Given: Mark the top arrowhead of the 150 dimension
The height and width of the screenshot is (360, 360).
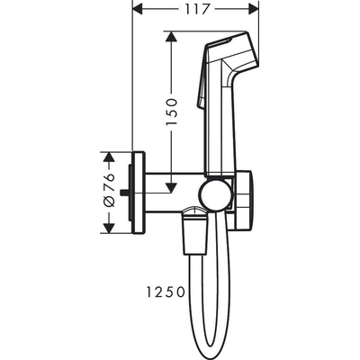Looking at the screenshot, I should point(169,36).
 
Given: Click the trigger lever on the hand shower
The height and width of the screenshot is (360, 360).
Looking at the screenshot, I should point(201,99).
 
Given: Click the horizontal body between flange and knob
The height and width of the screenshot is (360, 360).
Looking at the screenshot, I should point(171,191).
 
